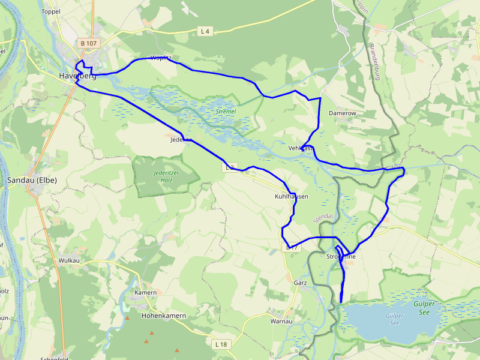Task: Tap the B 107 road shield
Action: pos(88,43)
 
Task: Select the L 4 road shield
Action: pos(206,31)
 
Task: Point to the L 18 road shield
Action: pos(221,344)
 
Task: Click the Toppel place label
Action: pos(51,11)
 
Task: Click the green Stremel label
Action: pos(226,112)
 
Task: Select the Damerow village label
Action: pos(343,113)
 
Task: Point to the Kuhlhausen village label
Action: pos(292,196)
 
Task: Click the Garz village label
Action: pos(301,282)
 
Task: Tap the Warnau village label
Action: pos(281,321)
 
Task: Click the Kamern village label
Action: pos(145,292)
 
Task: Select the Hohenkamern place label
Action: pos(163,315)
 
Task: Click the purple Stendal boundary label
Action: pos(322,218)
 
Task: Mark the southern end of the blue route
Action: pos(341,302)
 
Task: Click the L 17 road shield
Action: pos(291,247)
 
